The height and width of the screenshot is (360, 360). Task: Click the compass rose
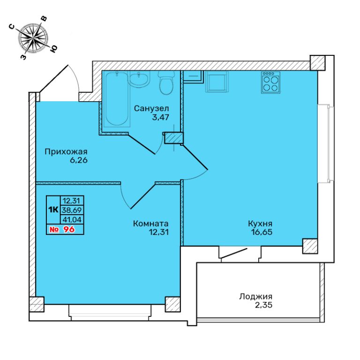pos(33,37)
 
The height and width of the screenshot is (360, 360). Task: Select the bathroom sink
pos(139,79)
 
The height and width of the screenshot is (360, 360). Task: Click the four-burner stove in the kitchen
pos(270,82)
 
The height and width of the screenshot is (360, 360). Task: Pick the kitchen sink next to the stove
pos(217,82)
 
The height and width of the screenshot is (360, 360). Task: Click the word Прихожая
pos(66,152)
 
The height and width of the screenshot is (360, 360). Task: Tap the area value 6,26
pos(79,160)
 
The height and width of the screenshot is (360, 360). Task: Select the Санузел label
pos(151,108)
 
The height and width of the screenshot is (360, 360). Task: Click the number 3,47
pos(160,118)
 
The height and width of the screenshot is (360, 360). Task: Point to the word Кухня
pos(260,224)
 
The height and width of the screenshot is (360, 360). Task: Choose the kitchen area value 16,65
pos(262,232)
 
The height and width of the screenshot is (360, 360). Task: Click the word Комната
pos(151,224)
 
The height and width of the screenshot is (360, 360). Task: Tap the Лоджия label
pos(256,297)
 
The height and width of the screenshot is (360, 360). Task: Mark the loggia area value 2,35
pos(263,305)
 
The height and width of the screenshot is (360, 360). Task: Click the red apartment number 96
pos(69,229)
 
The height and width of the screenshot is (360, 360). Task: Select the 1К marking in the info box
pos(53,210)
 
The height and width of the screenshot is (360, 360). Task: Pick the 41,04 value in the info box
pos(72,219)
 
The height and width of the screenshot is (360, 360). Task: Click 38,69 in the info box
pos(72,210)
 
